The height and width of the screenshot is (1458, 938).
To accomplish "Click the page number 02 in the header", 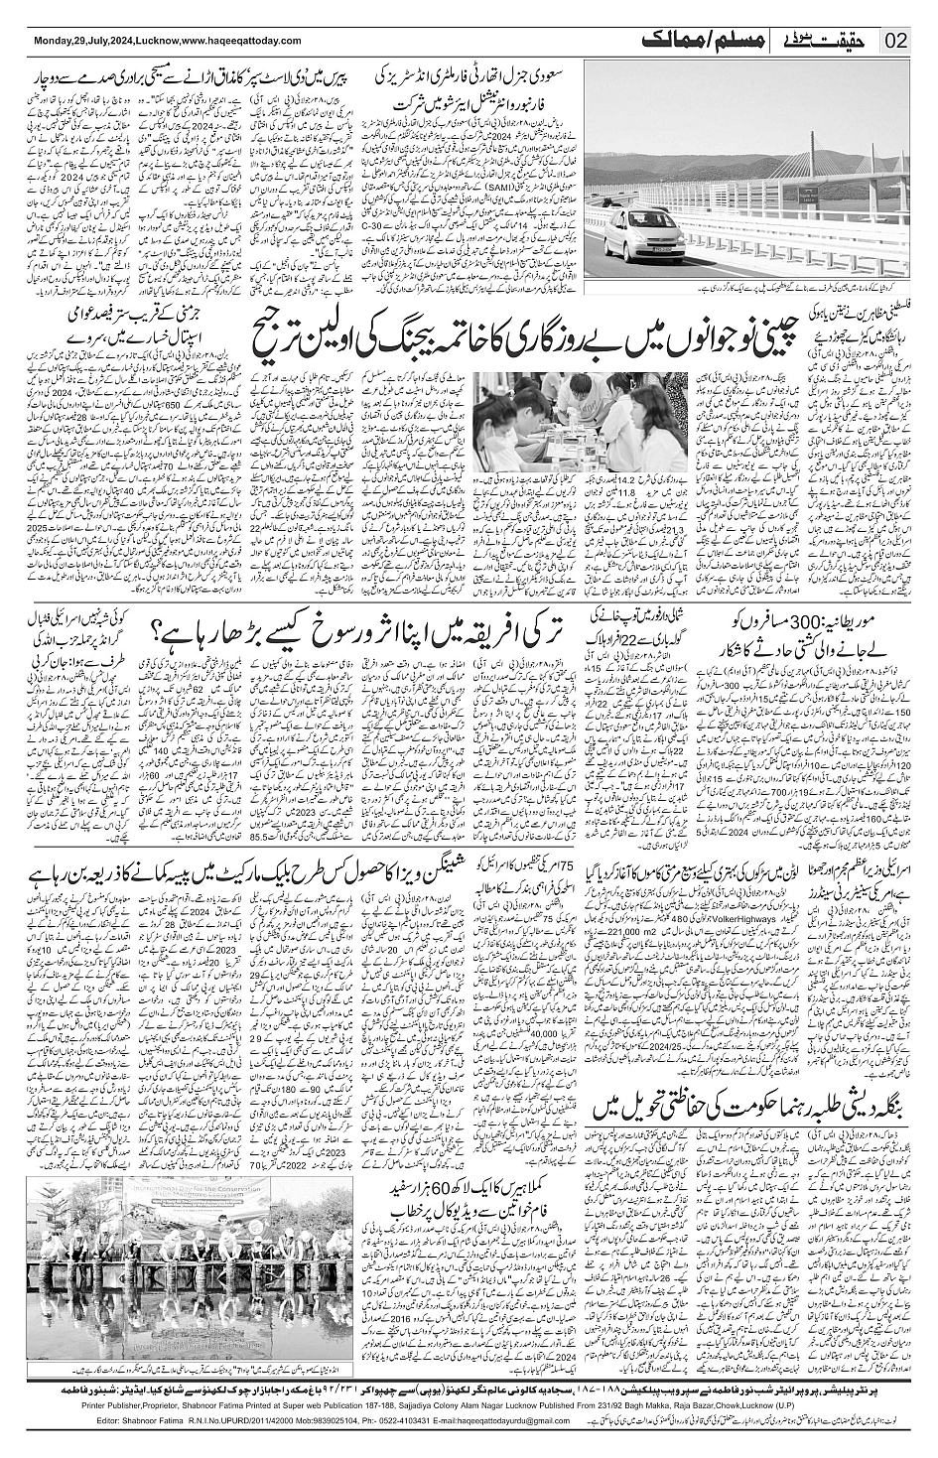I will [896, 41].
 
